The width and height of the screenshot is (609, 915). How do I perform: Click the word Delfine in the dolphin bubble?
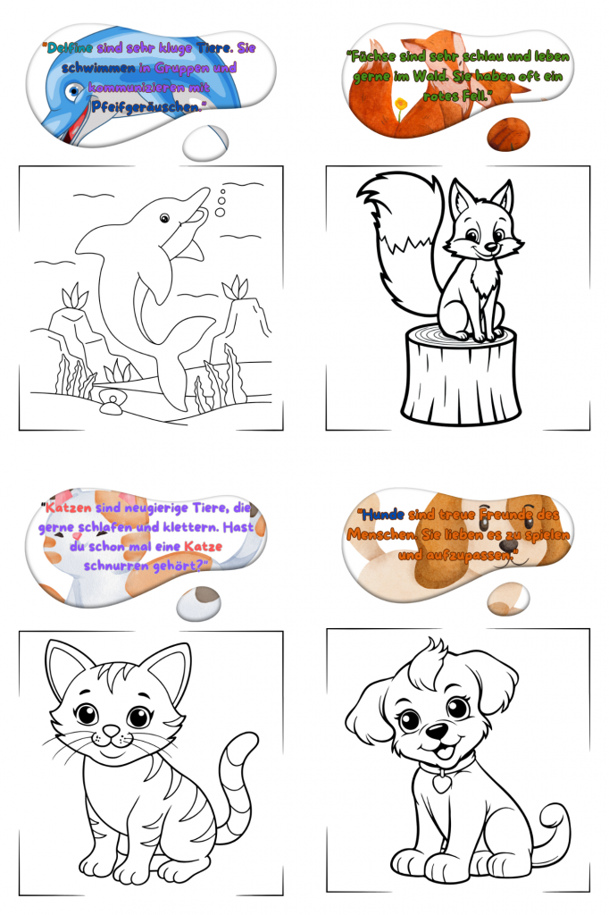70,48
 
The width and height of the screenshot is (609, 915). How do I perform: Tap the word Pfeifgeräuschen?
146,107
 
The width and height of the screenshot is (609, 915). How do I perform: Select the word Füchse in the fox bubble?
371,56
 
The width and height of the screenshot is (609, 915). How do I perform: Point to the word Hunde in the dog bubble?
383,514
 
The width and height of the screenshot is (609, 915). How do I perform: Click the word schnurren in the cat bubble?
117,566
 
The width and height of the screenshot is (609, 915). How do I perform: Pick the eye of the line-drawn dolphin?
164,218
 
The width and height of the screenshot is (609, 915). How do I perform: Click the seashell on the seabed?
111,399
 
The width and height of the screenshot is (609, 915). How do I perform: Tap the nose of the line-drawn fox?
490,248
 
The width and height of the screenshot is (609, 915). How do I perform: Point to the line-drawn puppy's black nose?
438,730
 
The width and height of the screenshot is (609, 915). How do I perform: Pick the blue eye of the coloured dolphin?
73,91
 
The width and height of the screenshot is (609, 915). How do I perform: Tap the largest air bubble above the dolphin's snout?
220,213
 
